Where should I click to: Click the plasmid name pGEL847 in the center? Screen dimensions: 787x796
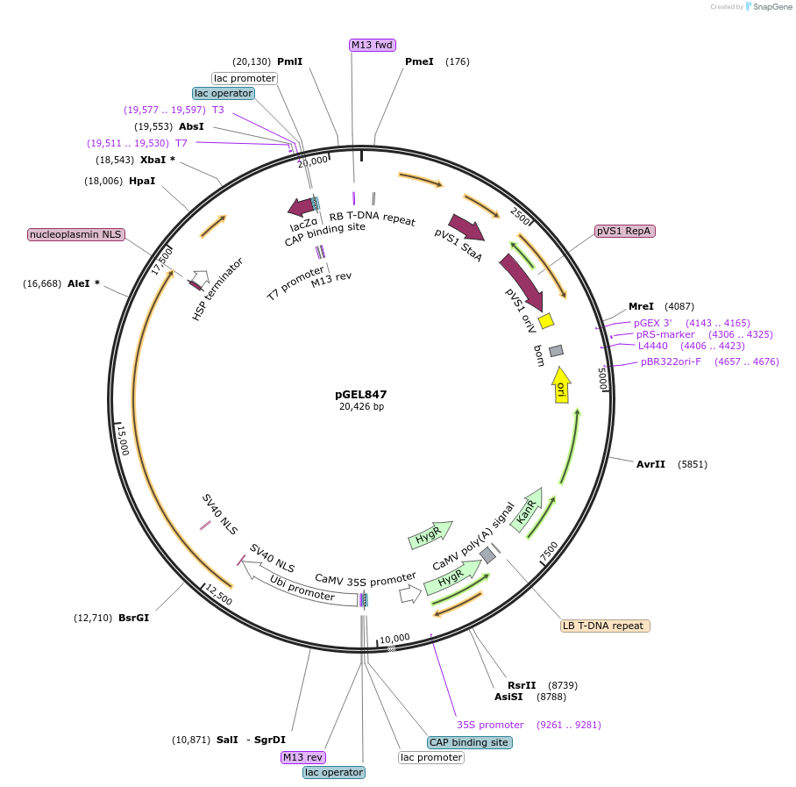pos(360,394)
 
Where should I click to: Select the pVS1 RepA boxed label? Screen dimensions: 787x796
pos(624,231)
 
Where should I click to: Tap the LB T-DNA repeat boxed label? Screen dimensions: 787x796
pos(605,626)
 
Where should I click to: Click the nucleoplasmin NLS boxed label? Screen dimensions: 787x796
pos(76,234)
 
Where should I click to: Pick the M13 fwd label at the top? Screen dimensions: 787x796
pos(372,45)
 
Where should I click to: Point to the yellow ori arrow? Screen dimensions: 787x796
pos(561,385)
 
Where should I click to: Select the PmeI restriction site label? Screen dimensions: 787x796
pos(419,61)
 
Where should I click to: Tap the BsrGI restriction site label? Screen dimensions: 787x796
pos(133,618)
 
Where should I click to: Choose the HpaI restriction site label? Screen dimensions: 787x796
pos(142,181)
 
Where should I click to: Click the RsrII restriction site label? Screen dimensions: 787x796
pos(522,685)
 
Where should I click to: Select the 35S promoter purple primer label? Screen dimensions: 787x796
pos(490,725)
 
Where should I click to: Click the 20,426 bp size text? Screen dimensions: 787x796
pos(361,407)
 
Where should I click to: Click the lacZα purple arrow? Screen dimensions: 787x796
pos(302,207)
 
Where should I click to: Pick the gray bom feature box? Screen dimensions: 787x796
pos(556,351)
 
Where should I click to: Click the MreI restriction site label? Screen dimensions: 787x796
pos(641,306)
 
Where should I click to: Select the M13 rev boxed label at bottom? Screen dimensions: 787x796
pos(302,757)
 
